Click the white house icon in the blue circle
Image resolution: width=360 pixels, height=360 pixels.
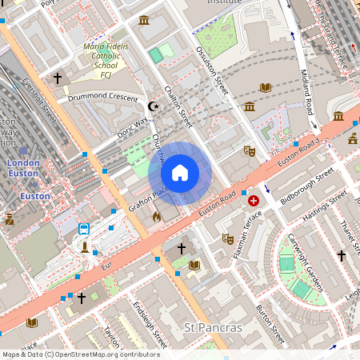tap(180, 173)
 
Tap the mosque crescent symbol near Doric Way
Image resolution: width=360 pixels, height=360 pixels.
tap(154, 106)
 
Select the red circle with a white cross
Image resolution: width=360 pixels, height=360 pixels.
tap(254, 201)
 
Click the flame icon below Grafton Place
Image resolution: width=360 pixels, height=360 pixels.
tap(157, 216)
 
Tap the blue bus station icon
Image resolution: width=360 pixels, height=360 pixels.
tap(84, 229)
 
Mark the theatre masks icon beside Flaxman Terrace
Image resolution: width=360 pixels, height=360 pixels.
tap(228, 238)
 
